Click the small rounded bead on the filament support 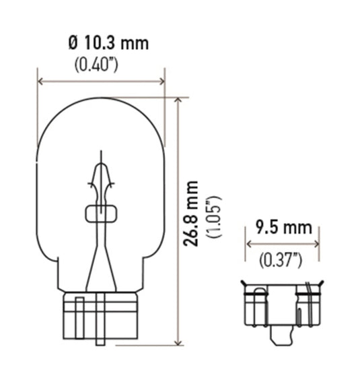click(x=102, y=214)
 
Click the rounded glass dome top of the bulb click(x=101, y=115)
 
